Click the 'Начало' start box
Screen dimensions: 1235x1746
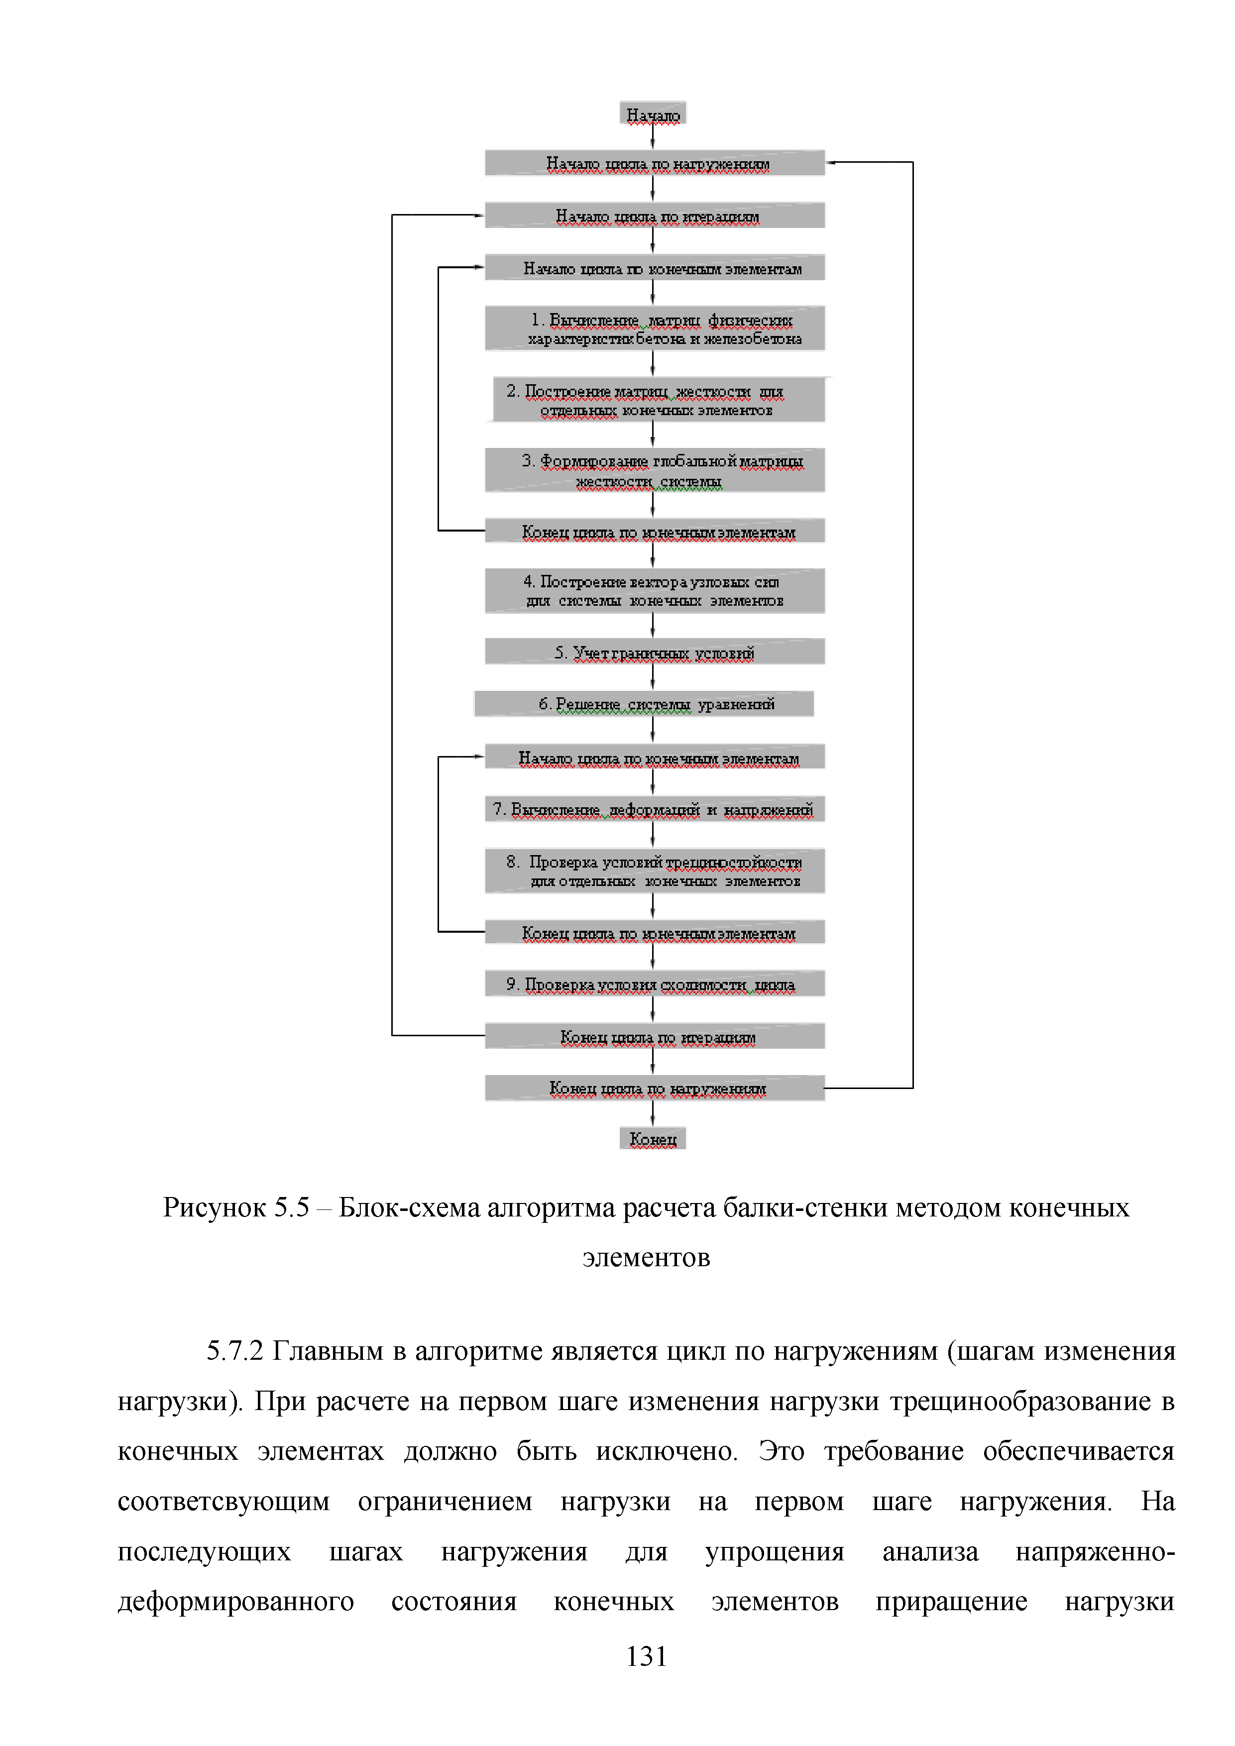point(653,114)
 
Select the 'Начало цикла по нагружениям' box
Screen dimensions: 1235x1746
point(655,163)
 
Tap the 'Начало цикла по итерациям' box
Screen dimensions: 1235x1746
point(655,215)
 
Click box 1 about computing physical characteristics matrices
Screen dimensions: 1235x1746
point(655,328)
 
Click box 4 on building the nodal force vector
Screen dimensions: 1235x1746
point(655,591)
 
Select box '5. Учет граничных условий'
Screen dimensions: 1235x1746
point(655,652)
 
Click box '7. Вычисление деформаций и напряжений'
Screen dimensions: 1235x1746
point(655,809)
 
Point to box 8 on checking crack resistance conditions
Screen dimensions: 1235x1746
point(655,871)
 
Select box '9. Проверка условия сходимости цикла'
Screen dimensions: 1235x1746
point(655,984)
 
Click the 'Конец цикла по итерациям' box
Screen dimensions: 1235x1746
point(655,1036)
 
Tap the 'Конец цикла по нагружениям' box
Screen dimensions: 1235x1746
point(655,1088)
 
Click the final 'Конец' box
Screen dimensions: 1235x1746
point(653,1138)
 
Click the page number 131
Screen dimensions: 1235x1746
point(647,1656)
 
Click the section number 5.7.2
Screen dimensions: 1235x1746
point(235,1351)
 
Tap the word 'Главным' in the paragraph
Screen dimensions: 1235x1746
point(328,1351)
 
